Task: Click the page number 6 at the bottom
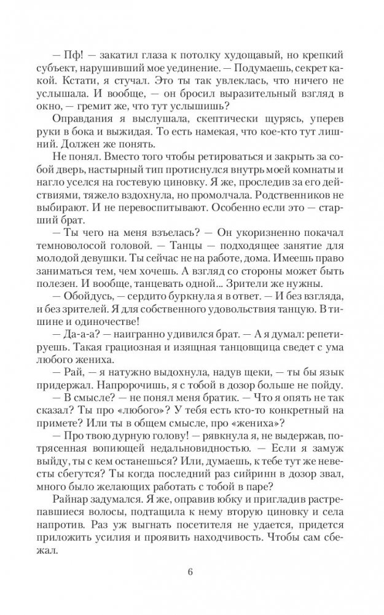190,573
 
